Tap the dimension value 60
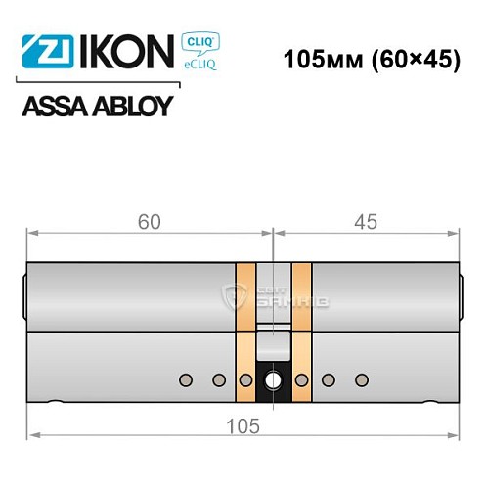150,221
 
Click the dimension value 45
366,221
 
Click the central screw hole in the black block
272,378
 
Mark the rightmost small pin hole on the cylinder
361,378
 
